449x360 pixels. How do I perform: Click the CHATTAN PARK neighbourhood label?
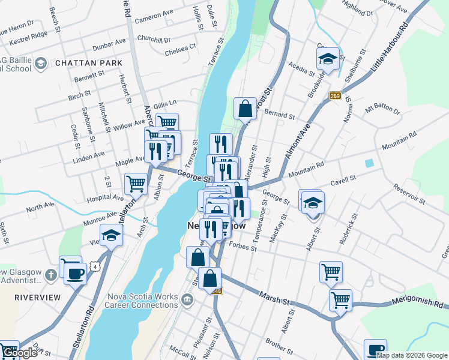(x=88, y=63)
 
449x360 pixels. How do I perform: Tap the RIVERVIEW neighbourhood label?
(x=38, y=298)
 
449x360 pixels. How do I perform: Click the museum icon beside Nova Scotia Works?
(x=187, y=299)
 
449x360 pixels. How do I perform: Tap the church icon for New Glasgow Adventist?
(x=51, y=275)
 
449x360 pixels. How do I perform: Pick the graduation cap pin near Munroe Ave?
(x=112, y=236)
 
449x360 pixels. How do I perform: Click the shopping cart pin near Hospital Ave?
(x=136, y=184)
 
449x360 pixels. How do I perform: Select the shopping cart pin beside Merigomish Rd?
(x=341, y=299)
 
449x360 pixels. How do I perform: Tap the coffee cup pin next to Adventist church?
(x=76, y=274)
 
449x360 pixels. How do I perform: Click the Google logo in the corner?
(x=20, y=353)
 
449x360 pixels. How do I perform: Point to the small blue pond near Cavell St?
(x=369, y=163)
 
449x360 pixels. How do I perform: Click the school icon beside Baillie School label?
(x=41, y=63)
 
